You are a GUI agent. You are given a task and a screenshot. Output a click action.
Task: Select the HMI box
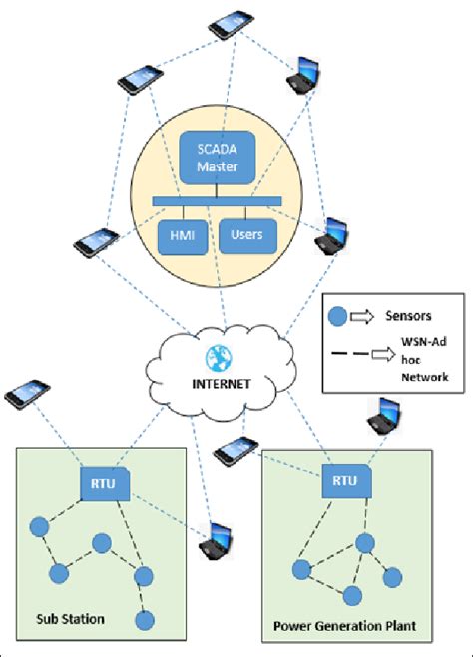(x=183, y=237)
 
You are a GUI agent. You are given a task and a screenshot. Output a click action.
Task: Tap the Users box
(x=245, y=237)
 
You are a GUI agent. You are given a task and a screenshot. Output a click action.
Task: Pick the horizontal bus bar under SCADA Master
(x=218, y=202)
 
